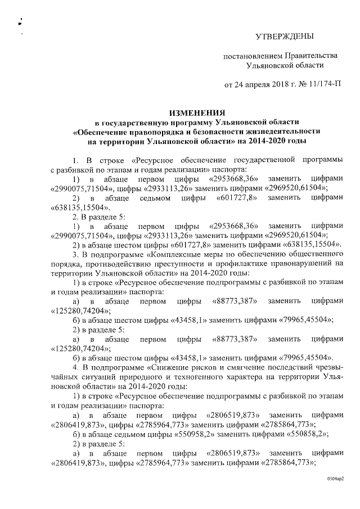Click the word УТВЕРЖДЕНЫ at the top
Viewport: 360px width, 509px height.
pos(284,37)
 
